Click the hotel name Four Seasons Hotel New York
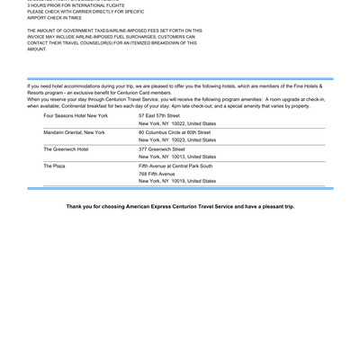(76, 115)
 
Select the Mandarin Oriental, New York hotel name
(74, 132)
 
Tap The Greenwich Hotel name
(66, 148)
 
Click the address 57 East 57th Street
(159, 115)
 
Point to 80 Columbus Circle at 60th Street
(175, 132)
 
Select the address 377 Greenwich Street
(162, 148)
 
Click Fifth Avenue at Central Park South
(175, 166)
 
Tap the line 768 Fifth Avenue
(157, 174)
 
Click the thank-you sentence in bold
(180, 206)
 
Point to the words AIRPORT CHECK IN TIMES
(54, 17)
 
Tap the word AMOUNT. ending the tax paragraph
(37, 49)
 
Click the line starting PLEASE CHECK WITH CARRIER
(85, 11)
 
